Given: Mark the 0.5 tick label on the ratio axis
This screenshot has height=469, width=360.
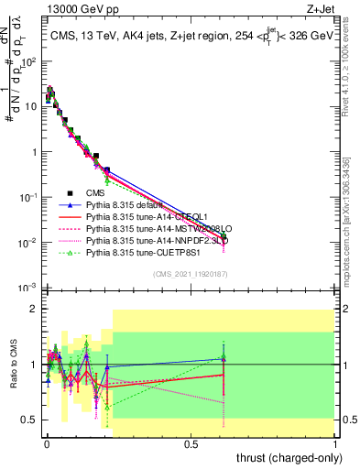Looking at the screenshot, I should click(x=29, y=420).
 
